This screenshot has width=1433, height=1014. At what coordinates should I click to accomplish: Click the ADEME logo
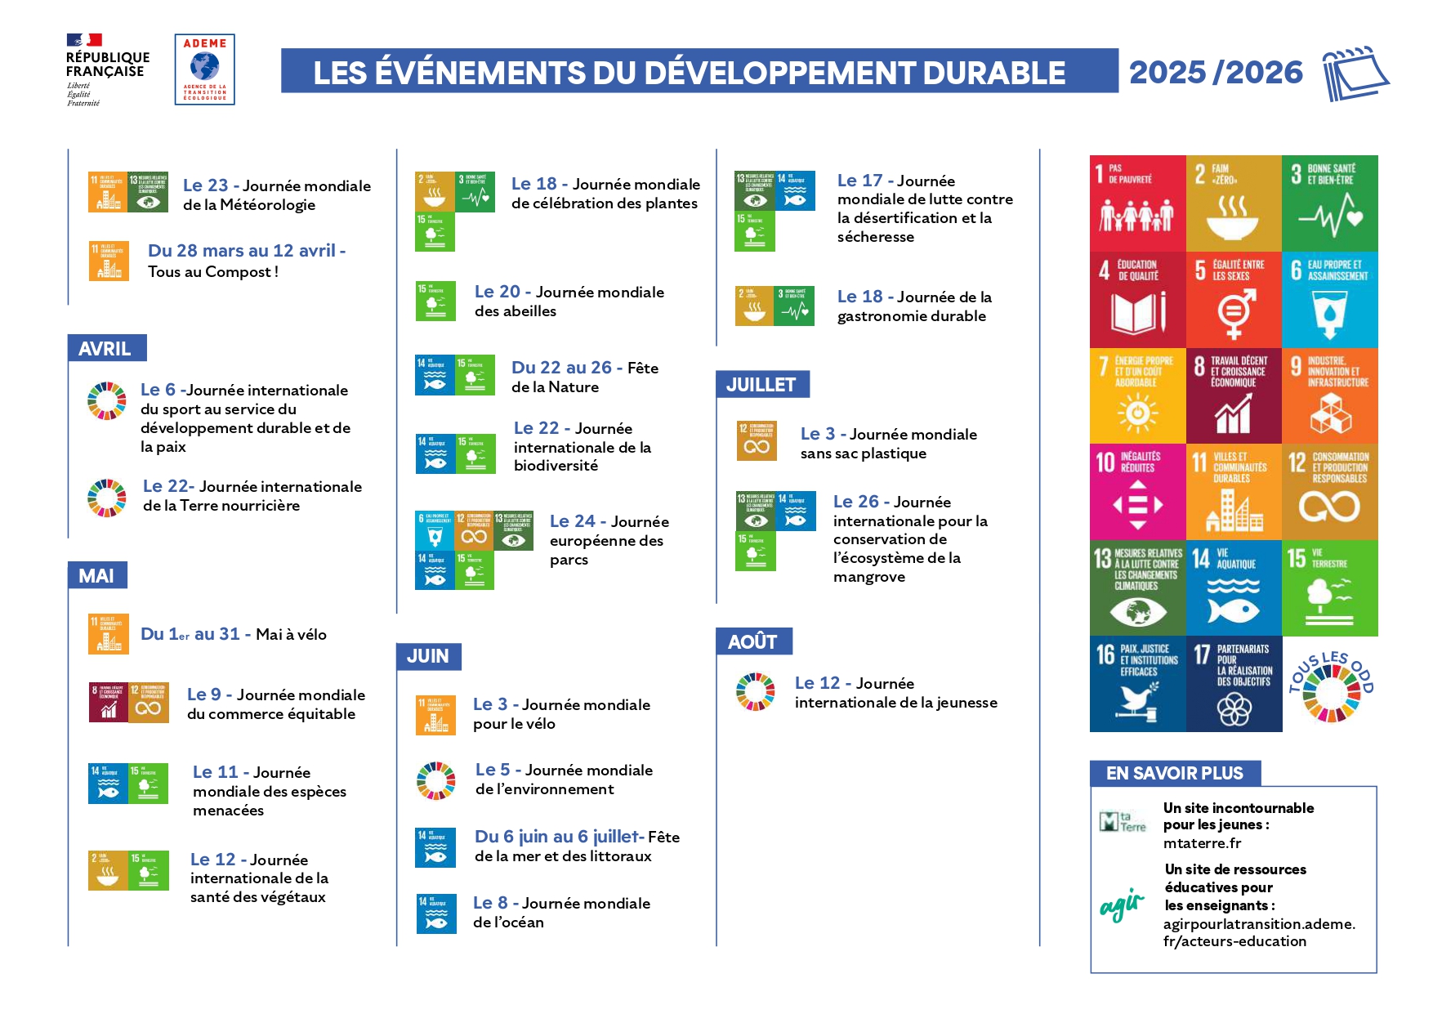coord(204,69)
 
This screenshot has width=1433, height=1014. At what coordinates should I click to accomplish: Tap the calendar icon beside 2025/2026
coord(1355,73)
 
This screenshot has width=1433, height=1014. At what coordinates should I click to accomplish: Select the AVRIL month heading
coord(106,349)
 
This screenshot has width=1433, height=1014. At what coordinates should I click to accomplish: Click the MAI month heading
coord(97,576)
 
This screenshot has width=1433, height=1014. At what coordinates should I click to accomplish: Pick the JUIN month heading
coord(428,656)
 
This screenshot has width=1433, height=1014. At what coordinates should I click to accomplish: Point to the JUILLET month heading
coord(761,385)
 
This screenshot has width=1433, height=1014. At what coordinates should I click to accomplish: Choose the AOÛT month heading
coord(753,642)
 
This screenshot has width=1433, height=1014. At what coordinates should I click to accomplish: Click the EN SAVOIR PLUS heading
coord(1174,773)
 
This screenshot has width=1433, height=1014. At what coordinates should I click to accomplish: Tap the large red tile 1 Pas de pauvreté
coord(1137,203)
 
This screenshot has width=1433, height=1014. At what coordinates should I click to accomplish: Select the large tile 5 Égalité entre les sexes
coord(1234,299)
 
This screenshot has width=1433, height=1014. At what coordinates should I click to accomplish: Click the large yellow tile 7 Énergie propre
coord(1137,395)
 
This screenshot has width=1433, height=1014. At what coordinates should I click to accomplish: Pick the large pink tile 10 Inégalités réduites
coord(1137,492)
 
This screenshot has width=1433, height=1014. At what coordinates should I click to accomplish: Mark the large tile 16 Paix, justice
coord(1137,684)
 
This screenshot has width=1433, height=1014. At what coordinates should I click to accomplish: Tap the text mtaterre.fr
coord(1202,843)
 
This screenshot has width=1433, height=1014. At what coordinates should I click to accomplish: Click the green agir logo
coord(1122,905)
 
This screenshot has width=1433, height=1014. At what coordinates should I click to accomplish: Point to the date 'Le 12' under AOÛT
coord(817,683)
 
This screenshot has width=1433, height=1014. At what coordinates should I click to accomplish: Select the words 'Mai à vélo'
coord(291,635)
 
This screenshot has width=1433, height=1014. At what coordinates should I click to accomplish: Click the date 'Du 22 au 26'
coord(561,368)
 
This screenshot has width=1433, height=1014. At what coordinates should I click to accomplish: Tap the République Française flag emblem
coord(84,39)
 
